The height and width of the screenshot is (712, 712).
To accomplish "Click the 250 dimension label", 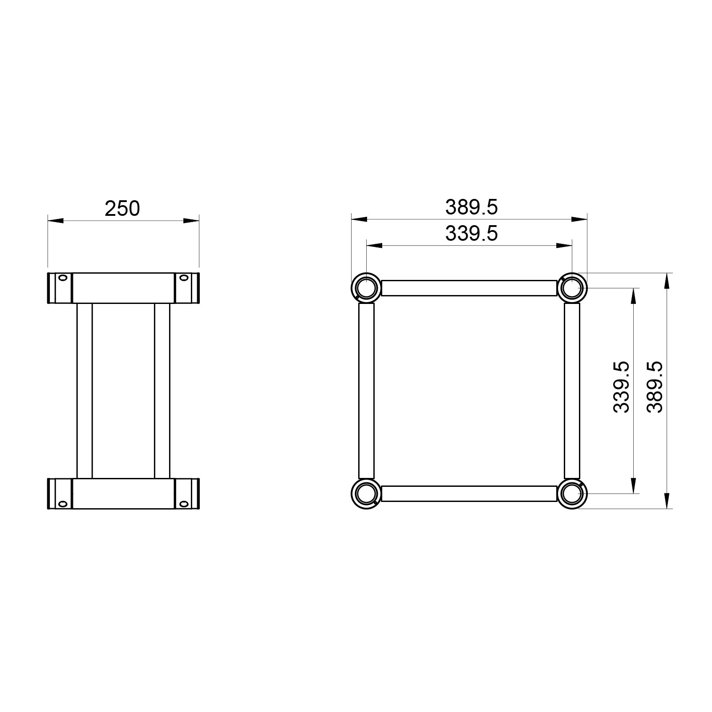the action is tap(122, 208).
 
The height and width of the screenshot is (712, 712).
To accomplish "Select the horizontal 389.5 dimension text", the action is tap(472, 207).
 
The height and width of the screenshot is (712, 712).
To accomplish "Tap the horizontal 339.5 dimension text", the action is tap(472, 234).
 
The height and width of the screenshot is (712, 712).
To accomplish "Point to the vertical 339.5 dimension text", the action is tap(621, 387).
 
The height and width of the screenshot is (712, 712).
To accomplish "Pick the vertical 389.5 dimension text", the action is tap(655, 387).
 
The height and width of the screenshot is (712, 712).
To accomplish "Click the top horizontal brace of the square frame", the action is tap(469, 288).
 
